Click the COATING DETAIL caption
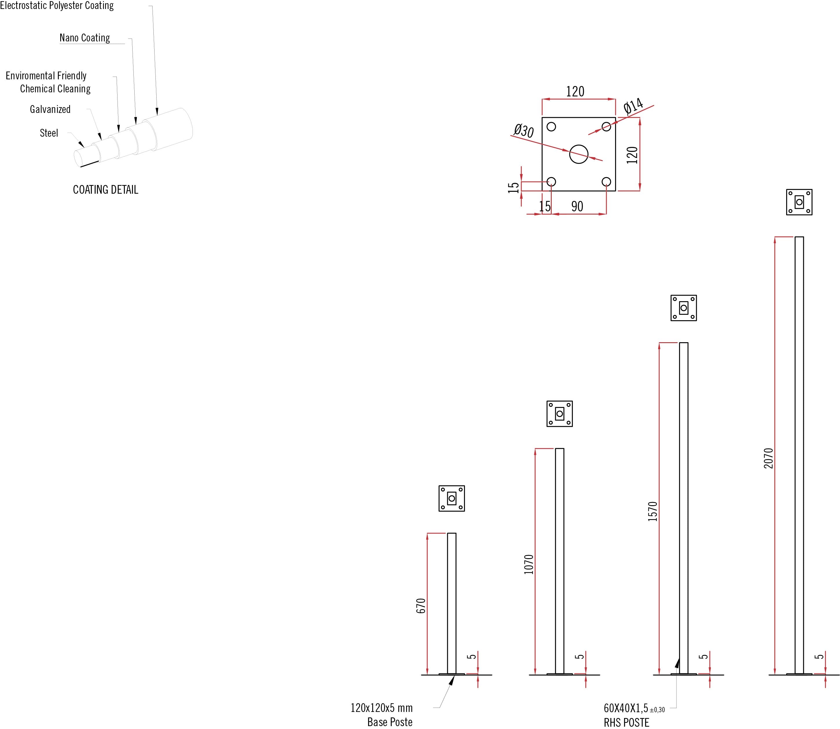[105, 190]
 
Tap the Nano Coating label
[85, 38]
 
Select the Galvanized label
[50, 109]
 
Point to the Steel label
[49, 133]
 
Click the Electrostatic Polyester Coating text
[57, 6]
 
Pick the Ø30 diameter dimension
[524, 131]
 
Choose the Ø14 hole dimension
[633, 106]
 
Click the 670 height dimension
[421, 606]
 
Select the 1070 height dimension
[529, 564]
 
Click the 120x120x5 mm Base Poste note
[382, 715]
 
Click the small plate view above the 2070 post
[799, 202]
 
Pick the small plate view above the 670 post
[452, 498]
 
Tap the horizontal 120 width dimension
[575, 91]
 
